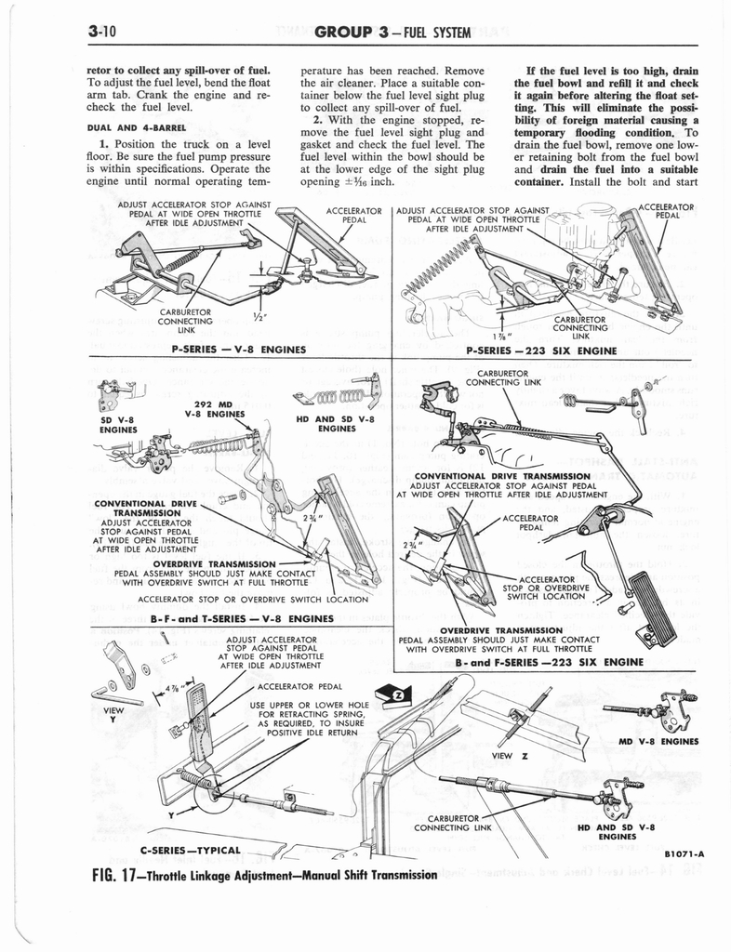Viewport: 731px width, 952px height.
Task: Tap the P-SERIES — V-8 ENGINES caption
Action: click(239, 350)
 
